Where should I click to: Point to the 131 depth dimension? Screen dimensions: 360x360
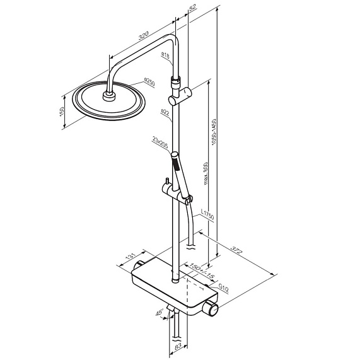click(131, 258)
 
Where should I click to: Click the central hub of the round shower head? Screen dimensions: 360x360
click(108, 96)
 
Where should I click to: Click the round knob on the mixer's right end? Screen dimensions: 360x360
click(214, 309)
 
